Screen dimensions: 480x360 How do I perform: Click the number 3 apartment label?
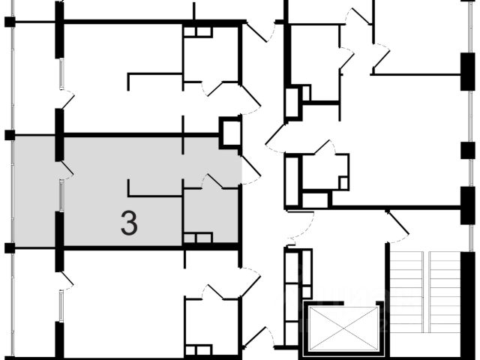(129, 223)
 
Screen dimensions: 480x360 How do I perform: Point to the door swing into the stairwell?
(395, 223)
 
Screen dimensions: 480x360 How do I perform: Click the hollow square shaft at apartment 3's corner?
(229, 133)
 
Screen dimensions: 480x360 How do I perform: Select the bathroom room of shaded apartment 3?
(211, 214)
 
